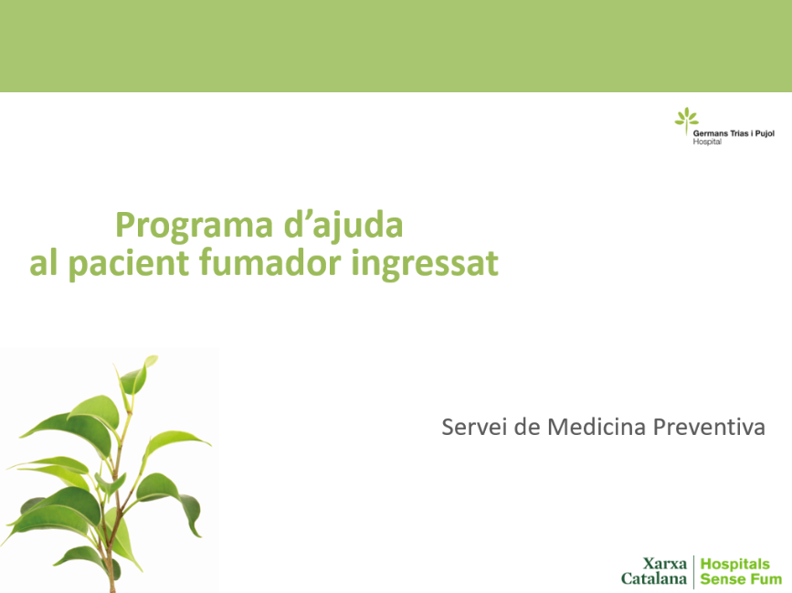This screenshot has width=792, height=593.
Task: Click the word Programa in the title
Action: tap(194, 226)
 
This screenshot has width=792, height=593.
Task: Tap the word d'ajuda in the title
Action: tap(343, 226)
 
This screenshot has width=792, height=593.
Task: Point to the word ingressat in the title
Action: tap(425, 264)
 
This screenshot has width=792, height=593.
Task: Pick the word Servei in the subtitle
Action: tap(474, 427)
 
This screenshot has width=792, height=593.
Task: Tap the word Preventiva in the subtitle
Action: tap(709, 427)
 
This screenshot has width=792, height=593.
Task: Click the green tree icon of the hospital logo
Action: tap(686, 121)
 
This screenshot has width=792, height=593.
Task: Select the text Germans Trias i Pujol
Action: tap(734, 133)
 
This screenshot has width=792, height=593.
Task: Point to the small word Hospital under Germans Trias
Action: tap(707, 142)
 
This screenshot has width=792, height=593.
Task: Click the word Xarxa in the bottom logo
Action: tap(665, 563)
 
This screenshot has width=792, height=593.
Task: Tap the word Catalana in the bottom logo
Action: tap(654, 578)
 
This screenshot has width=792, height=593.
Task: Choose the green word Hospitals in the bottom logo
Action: tap(735, 564)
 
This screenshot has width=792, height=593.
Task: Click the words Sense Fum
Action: tap(741, 579)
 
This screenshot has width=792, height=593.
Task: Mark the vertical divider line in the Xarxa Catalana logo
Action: tap(694, 572)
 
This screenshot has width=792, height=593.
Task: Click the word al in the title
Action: tap(43, 262)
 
